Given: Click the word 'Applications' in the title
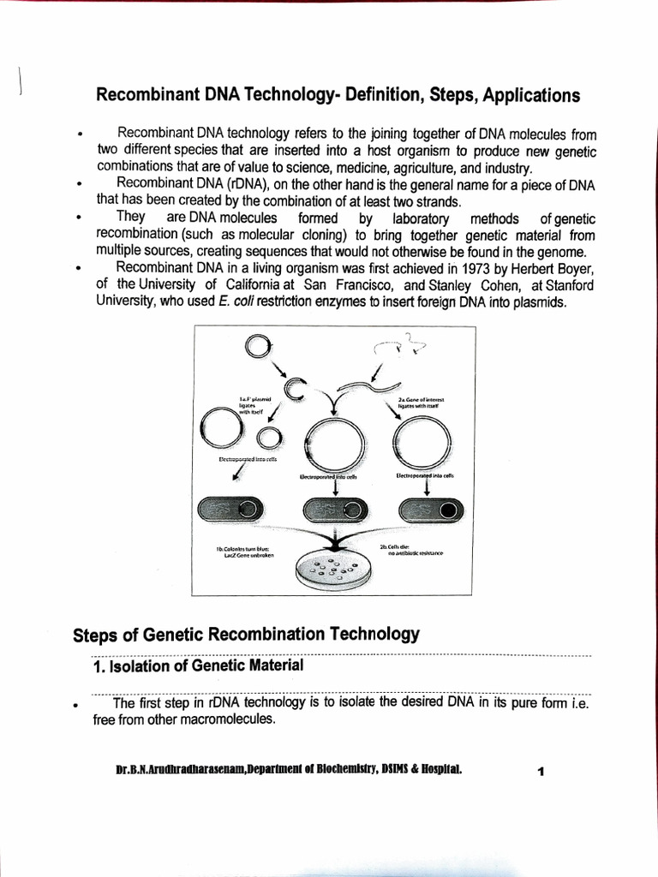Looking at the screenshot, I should pyautogui.click(x=531, y=95).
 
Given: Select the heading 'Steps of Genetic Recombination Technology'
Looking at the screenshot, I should pyautogui.click(x=246, y=635).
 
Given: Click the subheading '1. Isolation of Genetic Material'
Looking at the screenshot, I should pyautogui.click(x=197, y=665).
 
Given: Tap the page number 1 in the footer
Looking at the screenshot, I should pyautogui.click(x=541, y=772).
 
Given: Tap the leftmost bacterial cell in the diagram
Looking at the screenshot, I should pyautogui.click(x=228, y=511).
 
